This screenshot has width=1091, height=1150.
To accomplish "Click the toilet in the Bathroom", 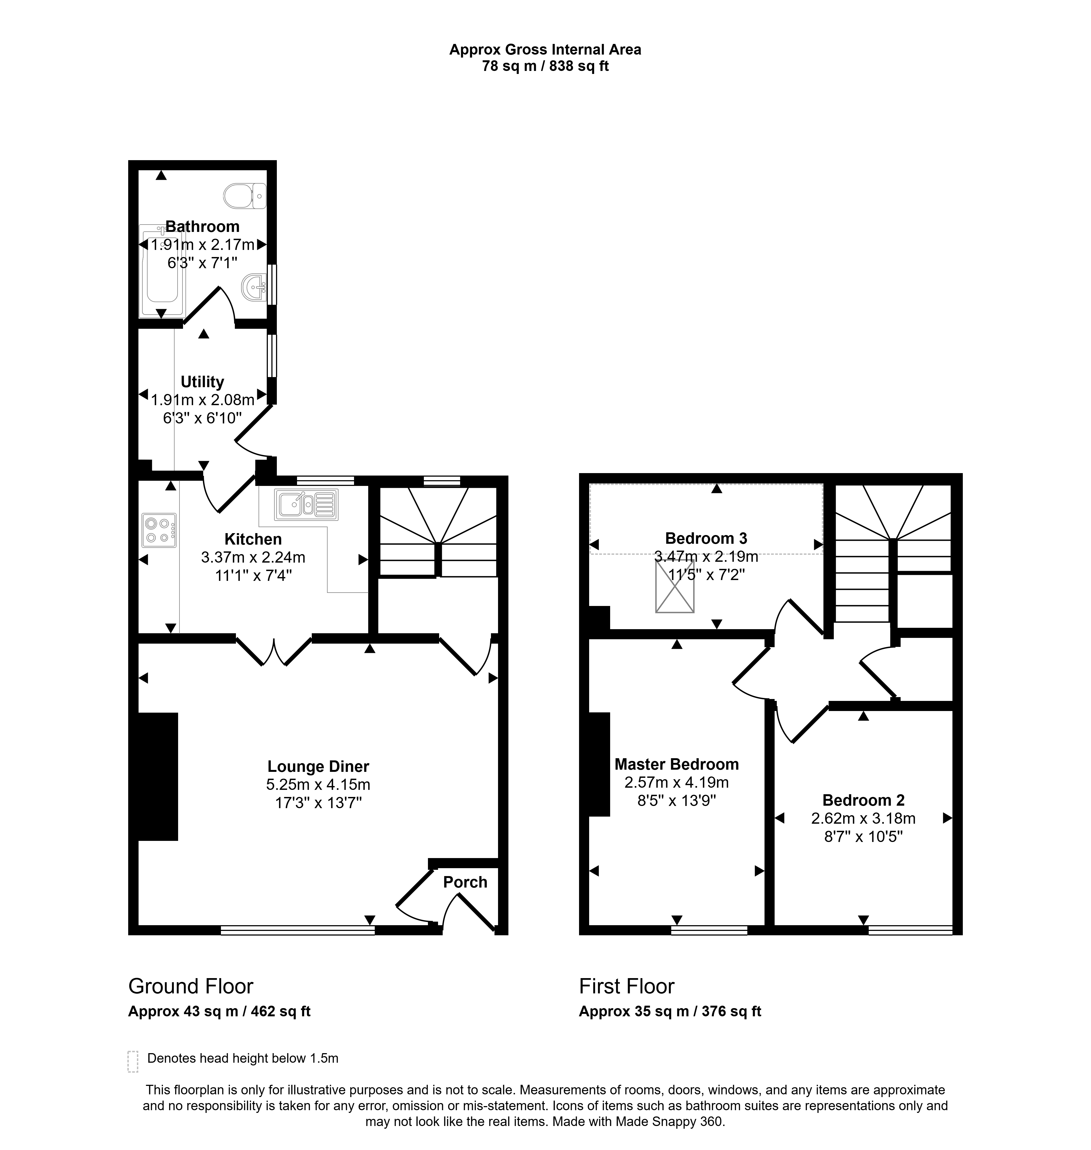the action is [245, 196].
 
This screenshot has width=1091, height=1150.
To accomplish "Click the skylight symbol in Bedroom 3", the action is [675, 586].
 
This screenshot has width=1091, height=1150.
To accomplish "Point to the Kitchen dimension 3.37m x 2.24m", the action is [253, 557].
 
